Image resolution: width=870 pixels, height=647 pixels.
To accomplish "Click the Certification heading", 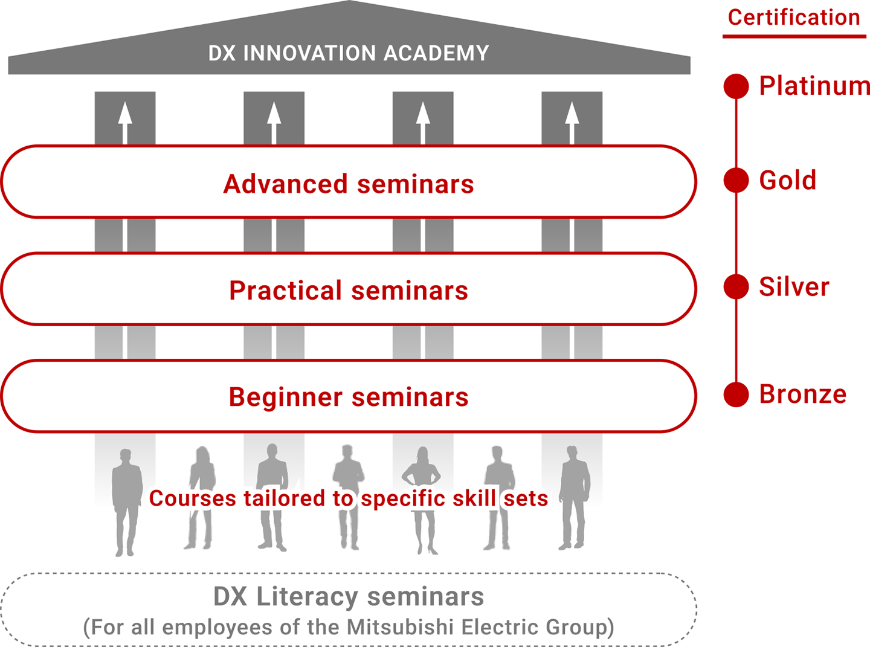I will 794,18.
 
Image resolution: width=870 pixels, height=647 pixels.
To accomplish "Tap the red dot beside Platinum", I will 736,86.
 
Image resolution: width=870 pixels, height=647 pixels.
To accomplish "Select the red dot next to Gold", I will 736,180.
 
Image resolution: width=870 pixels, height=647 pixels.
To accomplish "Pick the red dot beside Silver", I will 736,286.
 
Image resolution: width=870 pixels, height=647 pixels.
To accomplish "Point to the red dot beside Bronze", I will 736,394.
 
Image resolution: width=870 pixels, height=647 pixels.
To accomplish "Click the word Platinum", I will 814,86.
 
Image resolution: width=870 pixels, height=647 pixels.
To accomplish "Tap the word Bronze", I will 802,394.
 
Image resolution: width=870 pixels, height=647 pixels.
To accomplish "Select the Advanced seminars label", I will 349,184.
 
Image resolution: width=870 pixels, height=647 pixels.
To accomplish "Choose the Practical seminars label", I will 349,291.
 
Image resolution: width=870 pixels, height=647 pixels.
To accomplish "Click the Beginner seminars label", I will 349,398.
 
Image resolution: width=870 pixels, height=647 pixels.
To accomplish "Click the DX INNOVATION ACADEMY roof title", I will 349,54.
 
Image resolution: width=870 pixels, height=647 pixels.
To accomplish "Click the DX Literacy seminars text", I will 349,597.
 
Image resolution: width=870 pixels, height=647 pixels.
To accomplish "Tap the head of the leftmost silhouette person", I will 126,455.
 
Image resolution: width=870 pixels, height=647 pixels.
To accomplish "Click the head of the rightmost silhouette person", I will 572,452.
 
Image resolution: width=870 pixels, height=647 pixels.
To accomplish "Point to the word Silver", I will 794,287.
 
